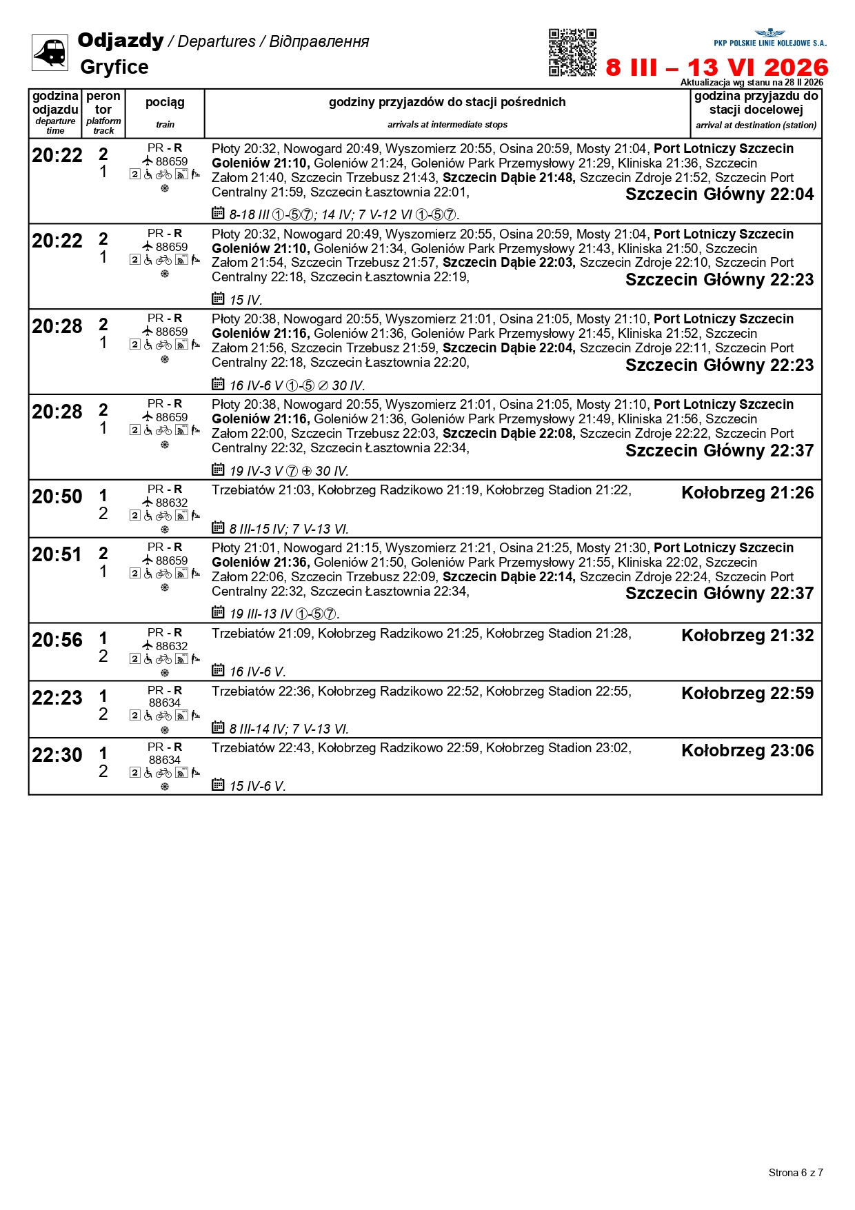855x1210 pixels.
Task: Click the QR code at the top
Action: point(572,52)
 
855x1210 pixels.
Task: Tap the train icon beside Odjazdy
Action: point(50,52)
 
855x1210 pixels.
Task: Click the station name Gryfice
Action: point(114,67)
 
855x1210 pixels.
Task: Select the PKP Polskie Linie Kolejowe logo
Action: point(770,38)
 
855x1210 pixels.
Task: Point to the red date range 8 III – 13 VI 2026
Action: point(716,68)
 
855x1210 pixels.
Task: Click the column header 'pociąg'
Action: point(165,103)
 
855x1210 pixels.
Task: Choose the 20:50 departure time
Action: point(57,496)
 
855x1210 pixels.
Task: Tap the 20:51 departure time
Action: point(57,554)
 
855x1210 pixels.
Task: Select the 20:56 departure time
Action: point(57,640)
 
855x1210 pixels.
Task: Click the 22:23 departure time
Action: point(57,698)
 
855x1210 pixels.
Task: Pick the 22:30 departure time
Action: point(57,755)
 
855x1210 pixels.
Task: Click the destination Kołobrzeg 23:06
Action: point(747,751)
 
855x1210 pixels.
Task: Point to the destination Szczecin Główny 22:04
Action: point(719,194)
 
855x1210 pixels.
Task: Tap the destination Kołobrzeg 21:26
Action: point(747,493)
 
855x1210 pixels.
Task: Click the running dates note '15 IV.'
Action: point(245,300)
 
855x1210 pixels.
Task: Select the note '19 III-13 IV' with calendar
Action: point(283,614)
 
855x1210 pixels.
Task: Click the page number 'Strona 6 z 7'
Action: point(796,1172)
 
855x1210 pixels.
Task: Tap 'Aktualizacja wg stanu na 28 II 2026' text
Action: point(752,82)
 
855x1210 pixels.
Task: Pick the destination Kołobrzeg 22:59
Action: point(747,693)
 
